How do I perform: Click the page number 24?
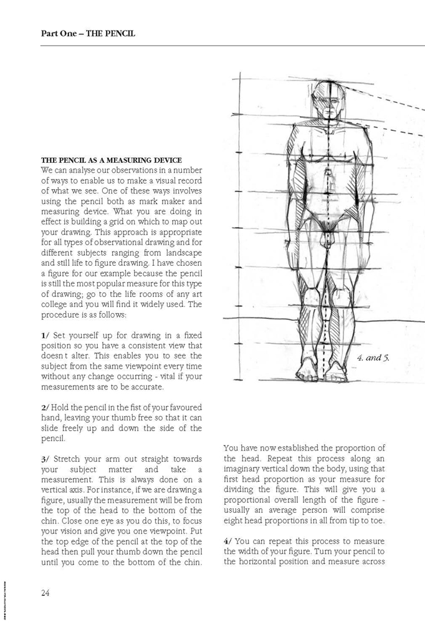(45, 593)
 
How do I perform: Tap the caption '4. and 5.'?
(373, 358)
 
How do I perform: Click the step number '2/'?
(45, 407)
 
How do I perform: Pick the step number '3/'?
(45, 459)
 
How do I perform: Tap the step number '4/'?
(228, 540)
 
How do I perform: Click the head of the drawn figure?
(329, 102)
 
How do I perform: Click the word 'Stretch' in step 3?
(70, 459)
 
